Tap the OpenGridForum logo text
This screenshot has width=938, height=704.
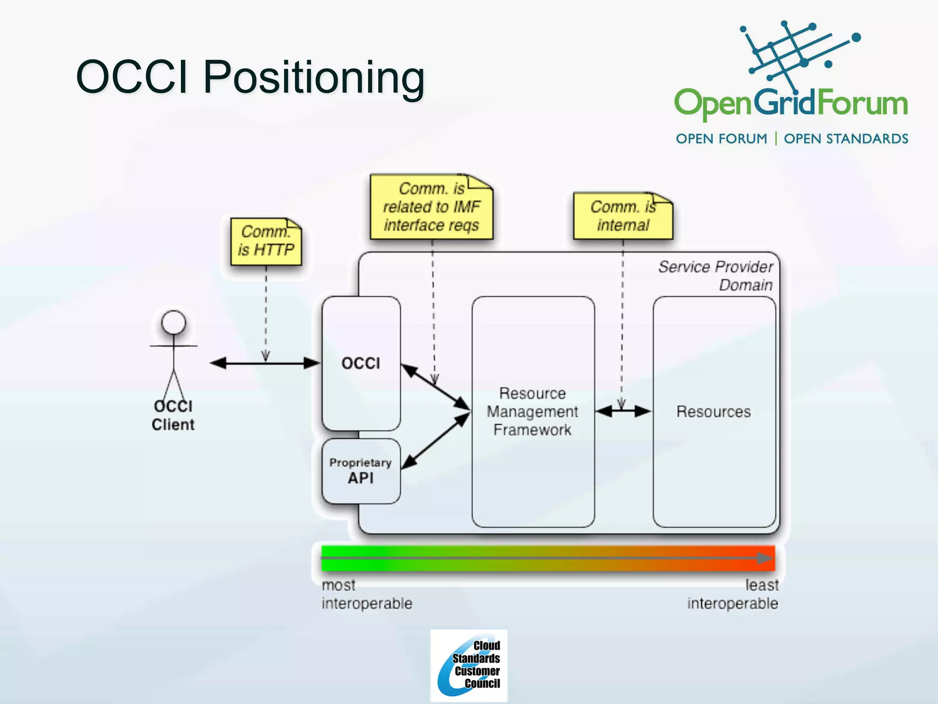click(x=791, y=104)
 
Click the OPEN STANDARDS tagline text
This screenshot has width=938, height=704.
click(x=846, y=139)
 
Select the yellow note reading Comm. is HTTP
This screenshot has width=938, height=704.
click(x=266, y=242)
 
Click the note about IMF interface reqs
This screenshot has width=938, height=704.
click(x=431, y=207)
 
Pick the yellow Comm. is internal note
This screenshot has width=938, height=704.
click(x=623, y=216)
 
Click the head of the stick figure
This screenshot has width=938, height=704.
click(x=174, y=322)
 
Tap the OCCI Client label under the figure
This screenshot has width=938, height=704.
click(x=173, y=416)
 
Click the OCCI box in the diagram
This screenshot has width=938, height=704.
click(x=361, y=363)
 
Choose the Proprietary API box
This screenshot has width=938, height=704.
click(x=361, y=471)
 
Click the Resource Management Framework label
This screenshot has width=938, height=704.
click(x=532, y=412)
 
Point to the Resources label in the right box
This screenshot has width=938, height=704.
click(x=714, y=412)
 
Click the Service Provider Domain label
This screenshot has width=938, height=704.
click(x=716, y=275)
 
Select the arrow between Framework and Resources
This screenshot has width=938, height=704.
click(x=623, y=412)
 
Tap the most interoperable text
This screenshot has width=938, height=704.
click(x=366, y=594)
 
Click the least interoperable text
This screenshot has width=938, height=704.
click(x=733, y=594)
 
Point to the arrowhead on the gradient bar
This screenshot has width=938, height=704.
click(x=765, y=558)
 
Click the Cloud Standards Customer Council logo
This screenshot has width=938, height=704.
click(x=469, y=665)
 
